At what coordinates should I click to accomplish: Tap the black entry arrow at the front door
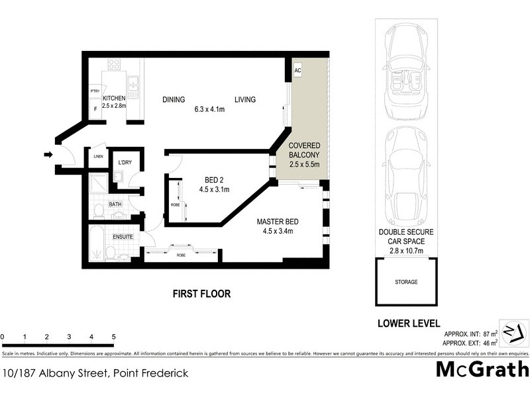click(48, 155)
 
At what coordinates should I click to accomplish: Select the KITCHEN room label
click(113, 99)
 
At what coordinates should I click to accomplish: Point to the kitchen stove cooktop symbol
click(114, 65)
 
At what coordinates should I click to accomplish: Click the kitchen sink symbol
click(133, 83)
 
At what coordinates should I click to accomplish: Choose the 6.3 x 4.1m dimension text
click(209, 109)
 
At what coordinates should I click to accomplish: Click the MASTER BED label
click(278, 221)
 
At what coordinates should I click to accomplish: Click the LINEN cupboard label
click(96, 156)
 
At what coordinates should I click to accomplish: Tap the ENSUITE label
click(123, 236)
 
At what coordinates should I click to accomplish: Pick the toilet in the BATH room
click(98, 210)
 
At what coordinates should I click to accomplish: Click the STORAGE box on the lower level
click(407, 282)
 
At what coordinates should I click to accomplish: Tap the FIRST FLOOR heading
click(201, 294)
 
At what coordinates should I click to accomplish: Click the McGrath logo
click(482, 369)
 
